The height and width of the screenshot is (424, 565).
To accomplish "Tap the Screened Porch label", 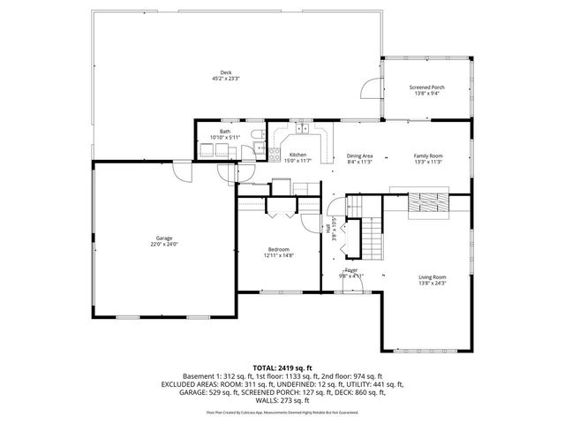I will coord(426,87).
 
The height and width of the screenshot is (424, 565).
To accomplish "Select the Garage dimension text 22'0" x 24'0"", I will coord(164,245).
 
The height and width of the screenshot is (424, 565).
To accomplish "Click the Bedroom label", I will coord(279,249).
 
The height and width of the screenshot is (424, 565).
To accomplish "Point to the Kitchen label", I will coord(298,155).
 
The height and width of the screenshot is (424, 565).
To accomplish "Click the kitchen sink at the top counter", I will coord(302,129).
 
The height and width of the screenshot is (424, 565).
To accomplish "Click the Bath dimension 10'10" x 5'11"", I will coord(225,138).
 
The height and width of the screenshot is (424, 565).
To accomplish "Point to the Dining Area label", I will coord(359,155).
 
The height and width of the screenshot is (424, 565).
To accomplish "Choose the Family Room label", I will coord(428,155).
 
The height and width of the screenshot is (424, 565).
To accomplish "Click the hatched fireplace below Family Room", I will coord(428,202).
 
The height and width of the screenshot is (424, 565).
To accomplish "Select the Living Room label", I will coord(432,276).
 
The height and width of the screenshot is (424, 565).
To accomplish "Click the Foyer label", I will coord(350,269).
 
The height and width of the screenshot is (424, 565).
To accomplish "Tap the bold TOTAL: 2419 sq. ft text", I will coord(282,367).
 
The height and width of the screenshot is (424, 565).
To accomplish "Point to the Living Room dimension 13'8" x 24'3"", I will coord(432,283).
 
